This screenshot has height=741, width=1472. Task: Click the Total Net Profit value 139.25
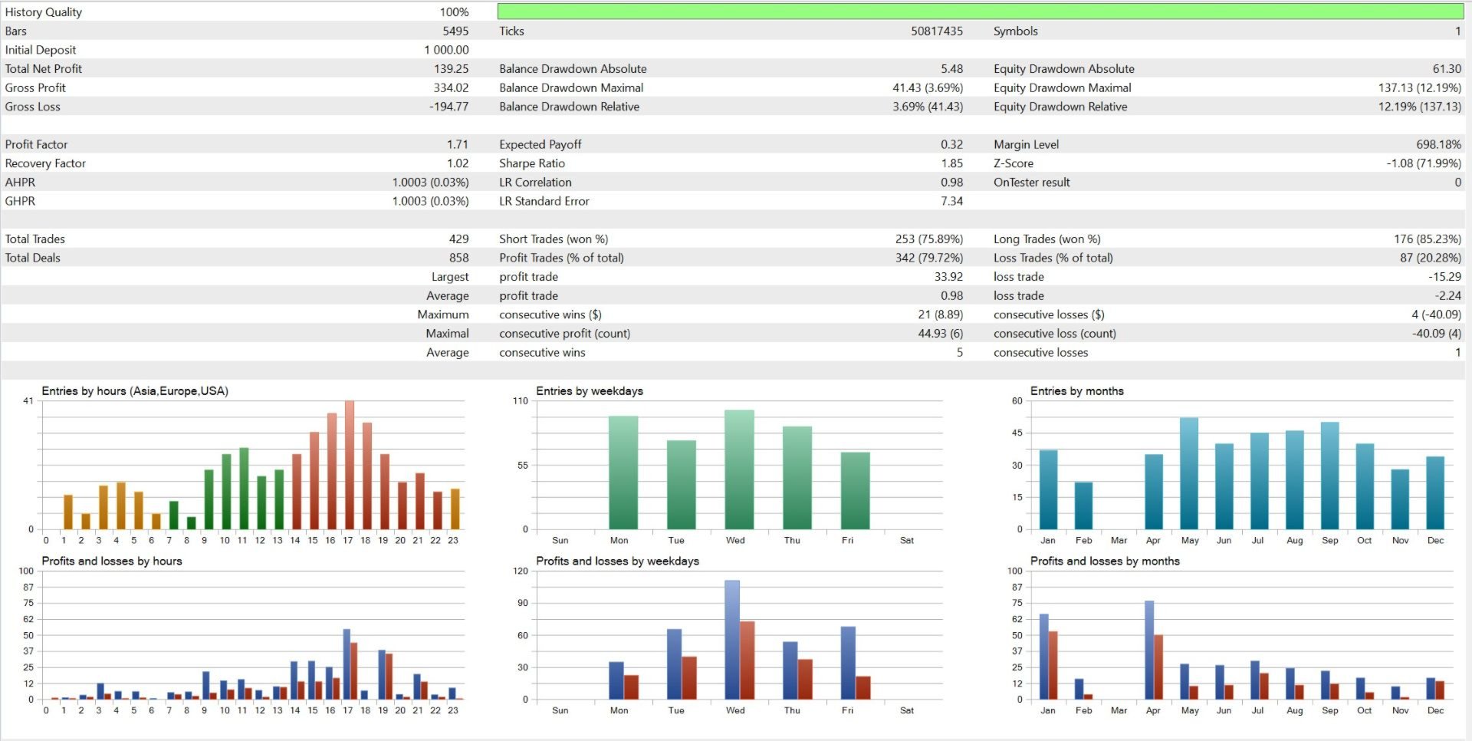pos(451,69)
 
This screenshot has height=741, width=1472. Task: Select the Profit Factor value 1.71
pos(457,144)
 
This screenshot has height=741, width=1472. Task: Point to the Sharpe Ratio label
pos(531,163)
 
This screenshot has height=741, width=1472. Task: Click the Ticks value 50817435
pos(936,31)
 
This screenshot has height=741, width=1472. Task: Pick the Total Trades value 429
pos(458,239)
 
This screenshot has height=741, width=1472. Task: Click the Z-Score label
pos(1013,163)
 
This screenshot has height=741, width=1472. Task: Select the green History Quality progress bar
pos(980,12)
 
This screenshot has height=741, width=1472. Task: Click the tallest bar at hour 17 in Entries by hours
pos(350,464)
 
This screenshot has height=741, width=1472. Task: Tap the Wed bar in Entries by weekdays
pos(739,469)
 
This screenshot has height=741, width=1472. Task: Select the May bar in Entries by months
pos(1189,473)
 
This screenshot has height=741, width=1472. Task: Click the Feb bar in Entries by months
pos(1083,506)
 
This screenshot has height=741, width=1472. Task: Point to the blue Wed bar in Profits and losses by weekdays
pos(732,640)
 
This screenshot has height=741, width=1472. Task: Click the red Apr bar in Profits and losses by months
pos(1158,667)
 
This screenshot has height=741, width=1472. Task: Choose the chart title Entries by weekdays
pos(589,391)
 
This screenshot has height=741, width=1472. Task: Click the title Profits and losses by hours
pos(112,562)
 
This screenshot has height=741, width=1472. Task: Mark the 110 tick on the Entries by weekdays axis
pos(521,401)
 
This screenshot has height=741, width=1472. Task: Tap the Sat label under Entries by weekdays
pos(906,541)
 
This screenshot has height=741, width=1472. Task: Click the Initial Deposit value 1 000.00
pos(446,50)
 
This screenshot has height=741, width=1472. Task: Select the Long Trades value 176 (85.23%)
pos(1427,239)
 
